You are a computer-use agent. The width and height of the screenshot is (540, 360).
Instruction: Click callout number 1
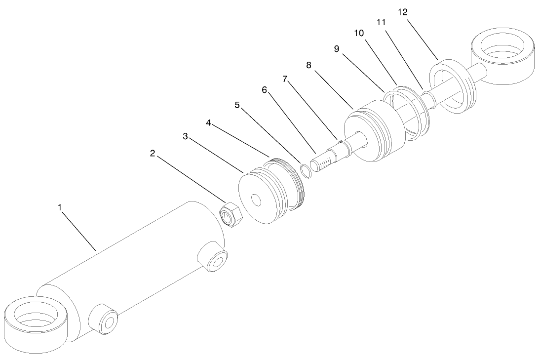point(60,208)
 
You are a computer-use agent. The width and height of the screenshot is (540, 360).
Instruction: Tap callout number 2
point(153,154)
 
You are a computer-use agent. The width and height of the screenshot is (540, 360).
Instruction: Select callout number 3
point(185,136)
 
